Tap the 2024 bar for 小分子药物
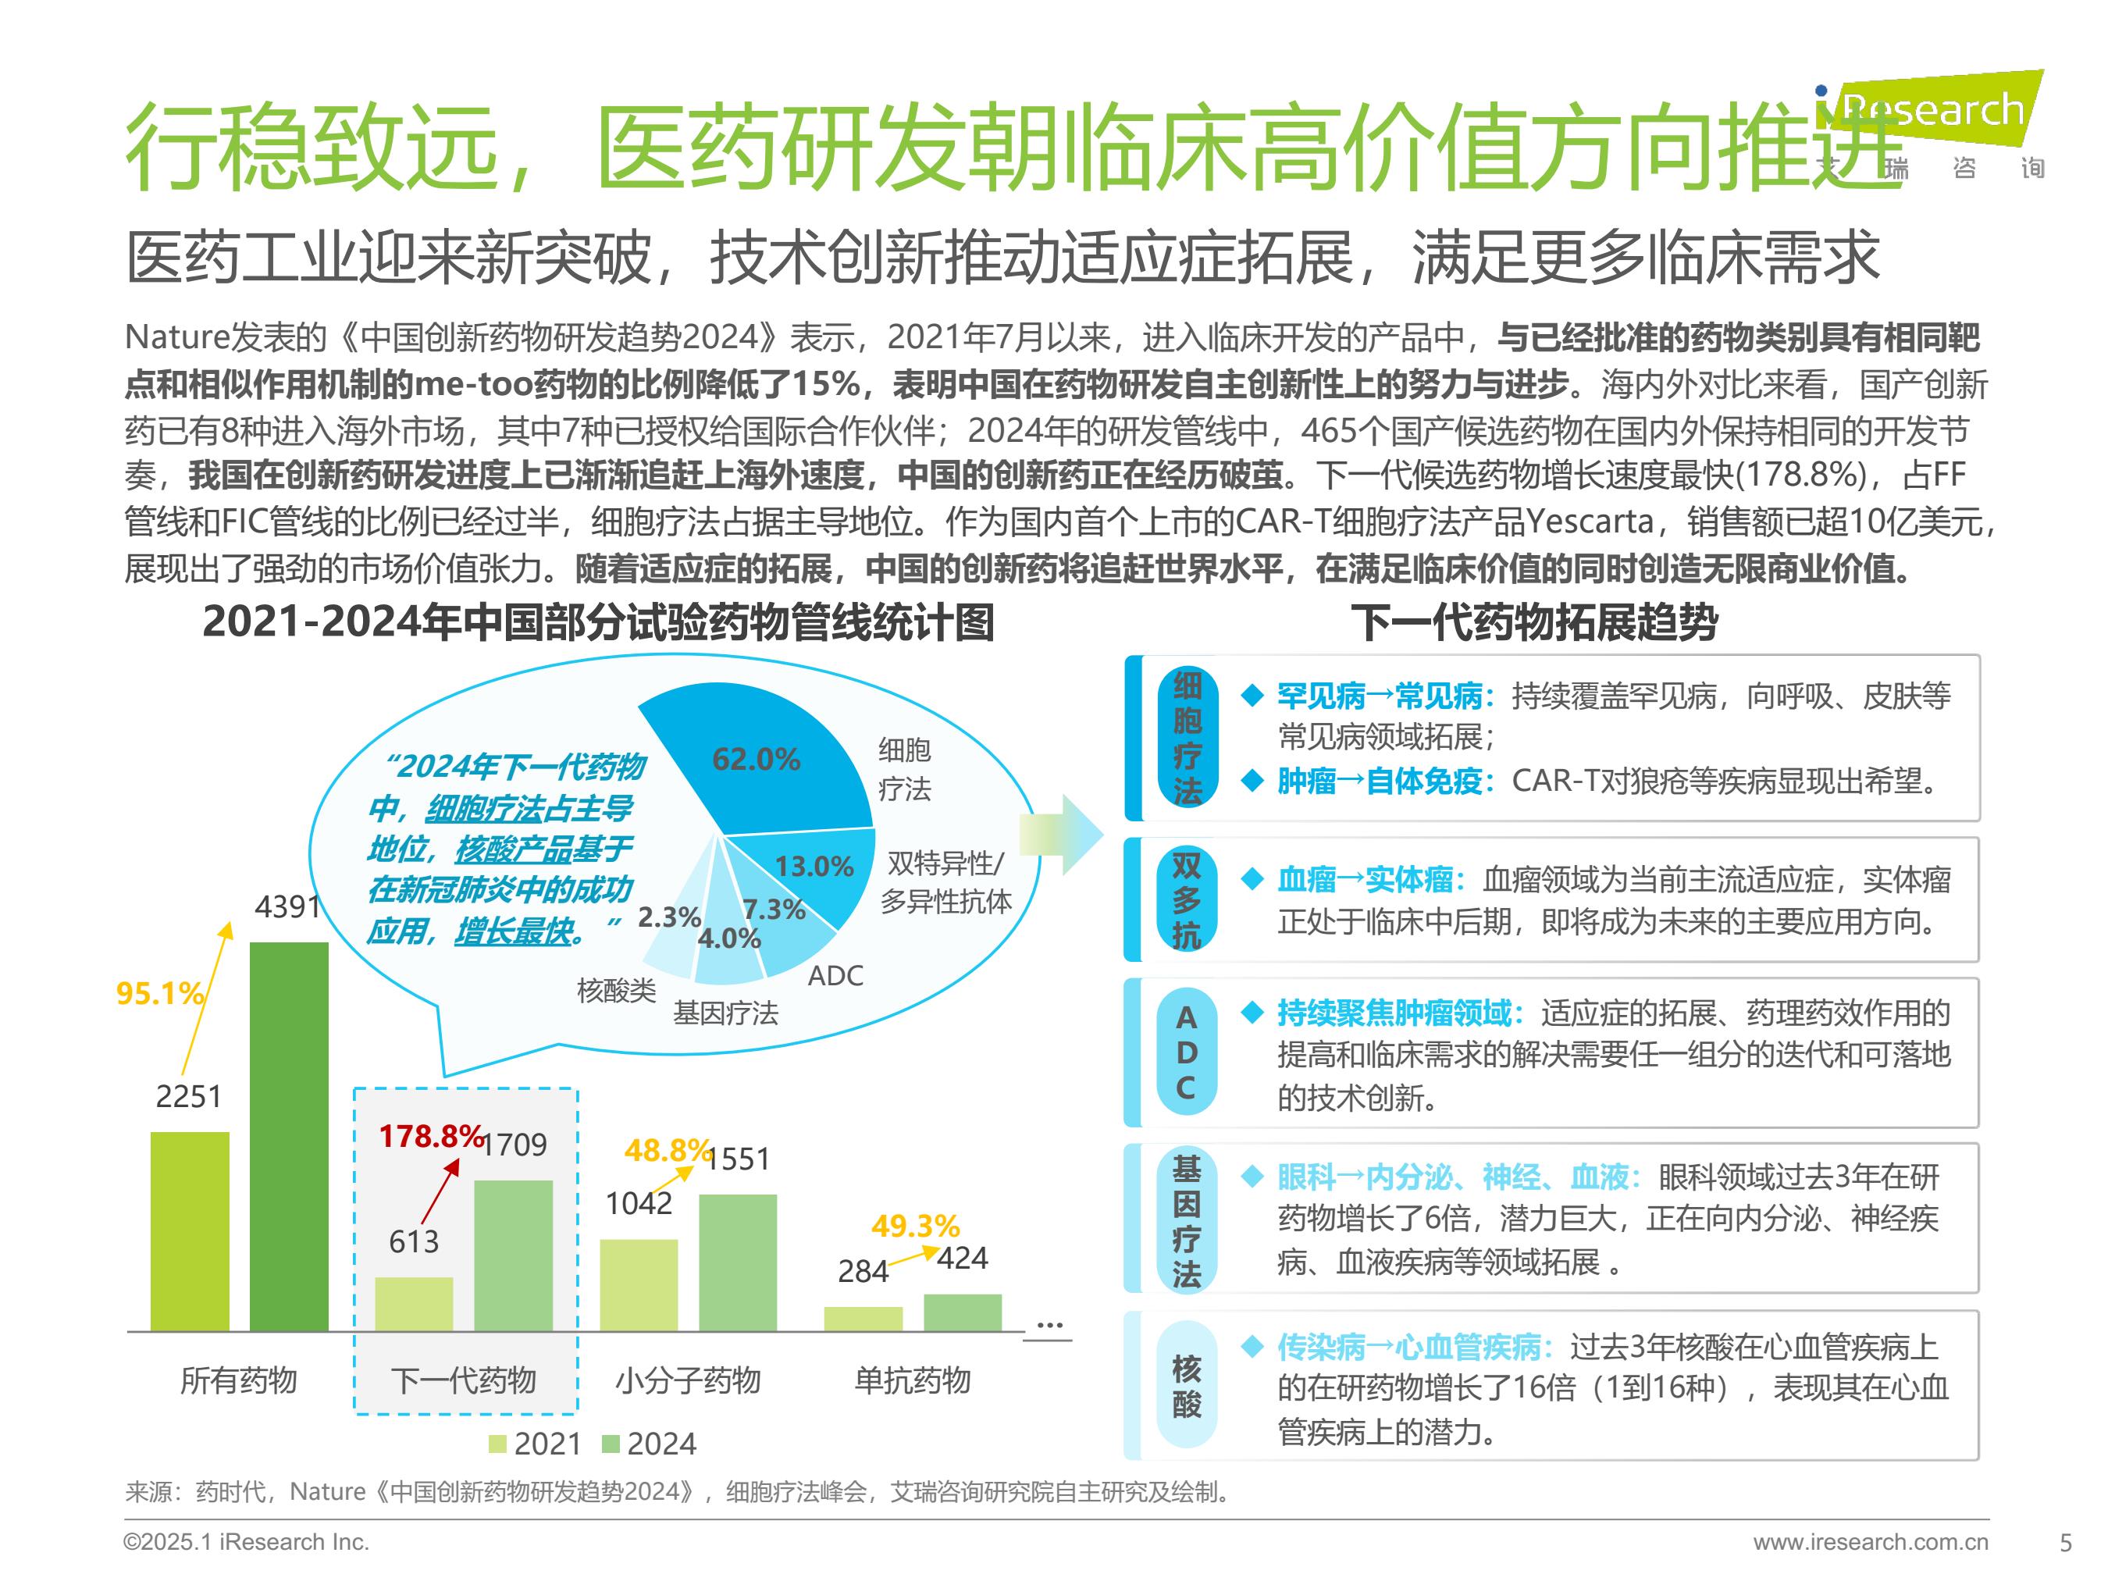[738, 1262]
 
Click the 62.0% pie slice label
[756, 760]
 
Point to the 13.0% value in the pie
[813, 867]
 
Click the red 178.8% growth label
[431, 1136]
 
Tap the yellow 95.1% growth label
[159, 993]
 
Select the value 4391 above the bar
[287, 906]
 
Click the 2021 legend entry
[535, 1444]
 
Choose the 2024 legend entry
[649, 1444]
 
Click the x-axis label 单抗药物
[912, 1380]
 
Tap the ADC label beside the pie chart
[835, 976]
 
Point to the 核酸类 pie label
[616, 991]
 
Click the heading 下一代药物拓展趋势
[1533, 623]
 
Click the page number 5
[2065, 1543]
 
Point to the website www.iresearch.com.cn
[1870, 1542]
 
